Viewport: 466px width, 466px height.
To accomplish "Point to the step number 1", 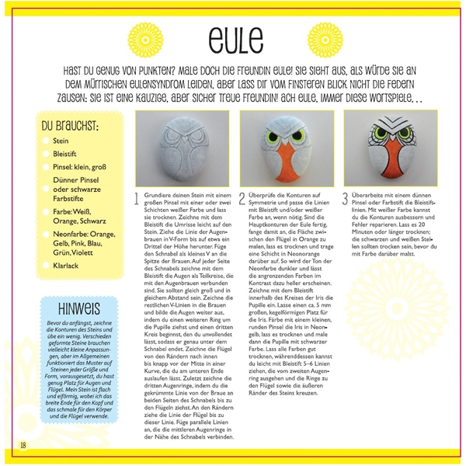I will pyautogui.click(x=137, y=198).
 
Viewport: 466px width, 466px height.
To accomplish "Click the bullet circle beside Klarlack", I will pyautogui.click(x=46, y=265).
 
